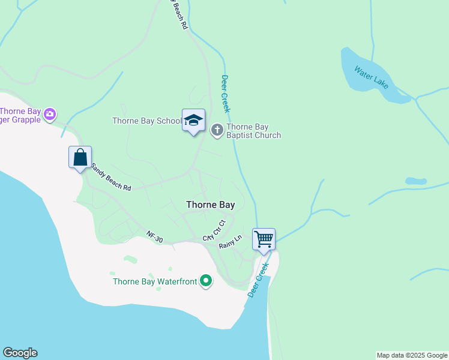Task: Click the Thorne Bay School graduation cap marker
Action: [193, 121]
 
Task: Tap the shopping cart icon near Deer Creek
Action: [264, 239]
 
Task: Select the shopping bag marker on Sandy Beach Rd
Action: [80, 158]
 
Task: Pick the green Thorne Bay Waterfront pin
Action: [206, 281]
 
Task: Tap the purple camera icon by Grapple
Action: [50, 113]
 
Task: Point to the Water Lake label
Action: [372, 78]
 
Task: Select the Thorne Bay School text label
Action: [146, 121]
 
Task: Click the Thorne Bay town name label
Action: [210, 205]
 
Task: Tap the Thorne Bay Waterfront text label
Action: [155, 281]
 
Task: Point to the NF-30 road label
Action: [154, 237]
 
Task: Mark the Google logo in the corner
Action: [20, 353]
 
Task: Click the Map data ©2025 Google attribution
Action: [412, 355]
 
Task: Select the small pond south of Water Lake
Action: [416, 181]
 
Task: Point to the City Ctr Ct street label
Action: [214, 230]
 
